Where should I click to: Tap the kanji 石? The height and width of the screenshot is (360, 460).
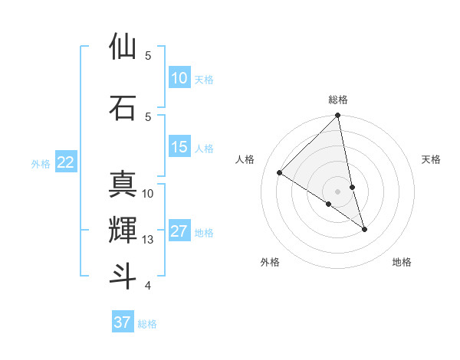123,107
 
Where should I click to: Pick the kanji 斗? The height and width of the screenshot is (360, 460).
123,276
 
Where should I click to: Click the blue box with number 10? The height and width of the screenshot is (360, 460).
179,78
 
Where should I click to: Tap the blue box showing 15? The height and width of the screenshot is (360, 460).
179,147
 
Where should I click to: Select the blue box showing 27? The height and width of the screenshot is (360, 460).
179,231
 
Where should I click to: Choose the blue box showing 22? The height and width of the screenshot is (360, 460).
65,162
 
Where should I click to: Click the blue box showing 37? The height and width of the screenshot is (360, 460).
122,322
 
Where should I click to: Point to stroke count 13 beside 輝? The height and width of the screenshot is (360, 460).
148,240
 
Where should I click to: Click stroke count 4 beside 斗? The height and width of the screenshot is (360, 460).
147,286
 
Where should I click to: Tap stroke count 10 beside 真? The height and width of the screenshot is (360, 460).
148,194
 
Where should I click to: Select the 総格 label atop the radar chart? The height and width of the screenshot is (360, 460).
338,100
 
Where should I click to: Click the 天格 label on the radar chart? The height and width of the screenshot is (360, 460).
432,159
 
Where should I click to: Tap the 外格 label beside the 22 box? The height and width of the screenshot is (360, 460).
41,163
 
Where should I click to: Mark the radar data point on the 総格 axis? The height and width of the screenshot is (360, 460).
338,116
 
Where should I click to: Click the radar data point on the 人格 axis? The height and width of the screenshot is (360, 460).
280,173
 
